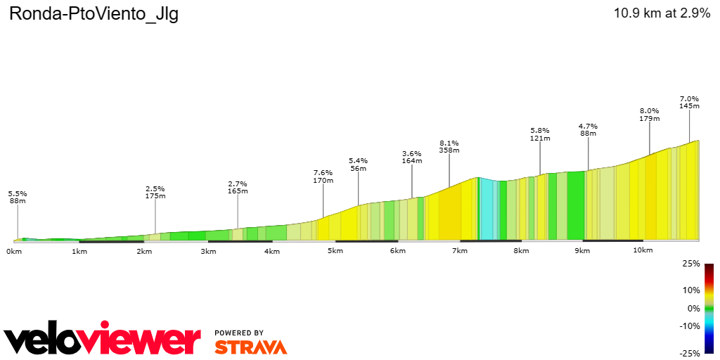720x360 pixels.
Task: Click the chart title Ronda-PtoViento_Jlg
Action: (x=94, y=15)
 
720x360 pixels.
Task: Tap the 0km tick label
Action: (x=14, y=251)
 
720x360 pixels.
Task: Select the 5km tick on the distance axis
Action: (x=335, y=251)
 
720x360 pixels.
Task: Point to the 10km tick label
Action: (x=643, y=250)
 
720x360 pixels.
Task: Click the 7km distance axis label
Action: (x=460, y=251)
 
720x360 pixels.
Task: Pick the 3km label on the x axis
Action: (x=207, y=251)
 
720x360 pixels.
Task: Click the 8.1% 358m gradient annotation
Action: (x=449, y=146)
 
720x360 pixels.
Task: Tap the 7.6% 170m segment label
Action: (x=323, y=176)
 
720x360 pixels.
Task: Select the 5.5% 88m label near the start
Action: (x=18, y=197)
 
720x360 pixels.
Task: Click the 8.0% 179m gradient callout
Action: (x=649, y=115)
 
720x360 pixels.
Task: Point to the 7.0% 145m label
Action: (x=689, y=102)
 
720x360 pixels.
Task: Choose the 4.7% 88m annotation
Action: (x=588, y=130)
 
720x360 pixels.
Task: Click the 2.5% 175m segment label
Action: (x=155, y=192)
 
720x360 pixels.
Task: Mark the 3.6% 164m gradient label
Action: (x=412, y=157)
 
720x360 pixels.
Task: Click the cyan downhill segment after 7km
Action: (x=486, y=210)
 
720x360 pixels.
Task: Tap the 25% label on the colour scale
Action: (x=691, y=264)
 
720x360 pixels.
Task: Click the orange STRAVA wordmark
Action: (x=250, y=347)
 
